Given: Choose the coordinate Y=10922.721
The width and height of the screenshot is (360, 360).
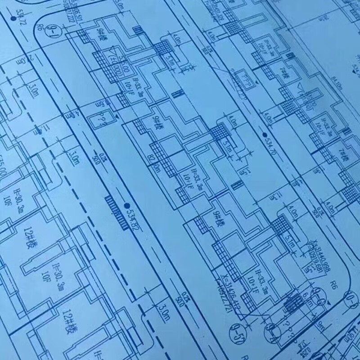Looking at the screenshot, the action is click(x=229, y=295).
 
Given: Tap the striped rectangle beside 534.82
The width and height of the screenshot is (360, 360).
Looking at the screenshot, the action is click(x=115, y=211).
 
